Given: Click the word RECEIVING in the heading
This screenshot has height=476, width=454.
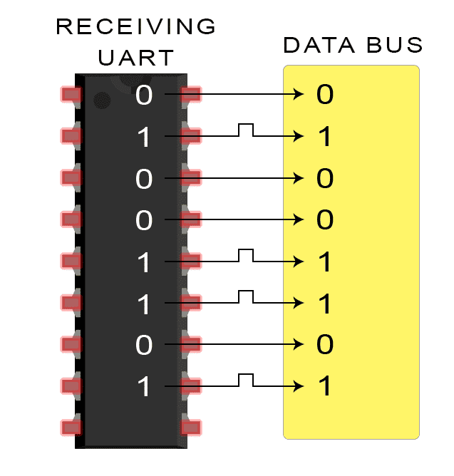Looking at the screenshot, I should (135, 27).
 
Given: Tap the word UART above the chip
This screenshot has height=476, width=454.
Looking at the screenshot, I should (135, 57).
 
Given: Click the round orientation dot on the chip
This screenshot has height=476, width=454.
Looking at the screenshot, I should (104, 99).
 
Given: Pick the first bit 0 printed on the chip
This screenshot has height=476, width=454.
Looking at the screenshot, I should (144, 95).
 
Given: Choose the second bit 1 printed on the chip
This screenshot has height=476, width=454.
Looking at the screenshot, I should (144, 137).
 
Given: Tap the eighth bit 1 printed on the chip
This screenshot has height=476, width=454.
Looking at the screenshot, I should (144, 388).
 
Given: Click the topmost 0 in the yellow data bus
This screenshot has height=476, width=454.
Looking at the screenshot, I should (325, 95).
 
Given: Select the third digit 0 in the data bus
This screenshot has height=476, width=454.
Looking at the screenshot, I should (325, 178).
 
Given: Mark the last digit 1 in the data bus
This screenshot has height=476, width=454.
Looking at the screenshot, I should (325, 388).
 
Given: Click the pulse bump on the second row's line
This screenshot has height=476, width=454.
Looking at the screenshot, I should (246, 128).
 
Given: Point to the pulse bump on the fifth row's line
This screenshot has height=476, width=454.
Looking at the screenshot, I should (246, 254).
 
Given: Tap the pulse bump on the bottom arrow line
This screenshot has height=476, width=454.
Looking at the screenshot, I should (246, 379).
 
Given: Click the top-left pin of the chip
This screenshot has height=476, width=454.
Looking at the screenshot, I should (71, 94).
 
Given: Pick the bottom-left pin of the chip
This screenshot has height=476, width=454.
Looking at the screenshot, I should (71, 428).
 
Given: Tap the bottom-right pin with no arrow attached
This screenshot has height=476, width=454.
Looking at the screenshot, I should (190, 428).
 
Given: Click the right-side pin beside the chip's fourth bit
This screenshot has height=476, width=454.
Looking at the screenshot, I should (190, 219).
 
